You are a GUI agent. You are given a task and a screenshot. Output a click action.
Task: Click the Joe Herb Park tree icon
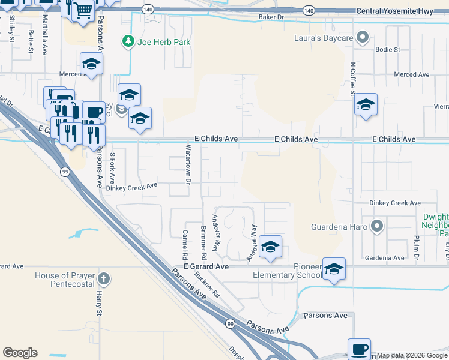127,41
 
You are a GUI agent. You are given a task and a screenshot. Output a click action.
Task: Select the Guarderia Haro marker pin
376,227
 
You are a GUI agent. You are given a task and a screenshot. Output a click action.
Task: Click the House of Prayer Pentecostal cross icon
104,279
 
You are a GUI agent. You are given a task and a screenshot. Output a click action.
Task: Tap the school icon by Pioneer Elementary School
334,269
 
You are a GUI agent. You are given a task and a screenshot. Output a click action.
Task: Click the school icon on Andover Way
270,247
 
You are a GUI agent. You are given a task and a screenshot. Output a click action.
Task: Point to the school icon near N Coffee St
365,105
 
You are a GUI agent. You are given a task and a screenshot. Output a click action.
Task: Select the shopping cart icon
83,10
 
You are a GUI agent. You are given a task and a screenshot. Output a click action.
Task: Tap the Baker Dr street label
270,17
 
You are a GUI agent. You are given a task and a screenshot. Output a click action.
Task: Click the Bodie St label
387,49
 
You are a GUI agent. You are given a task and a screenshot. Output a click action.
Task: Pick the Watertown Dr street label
188,164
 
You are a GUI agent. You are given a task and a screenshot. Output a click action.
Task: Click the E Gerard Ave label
206,266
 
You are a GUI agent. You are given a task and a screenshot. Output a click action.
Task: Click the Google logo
20,353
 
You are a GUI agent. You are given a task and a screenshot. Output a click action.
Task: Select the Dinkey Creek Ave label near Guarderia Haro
395,203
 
